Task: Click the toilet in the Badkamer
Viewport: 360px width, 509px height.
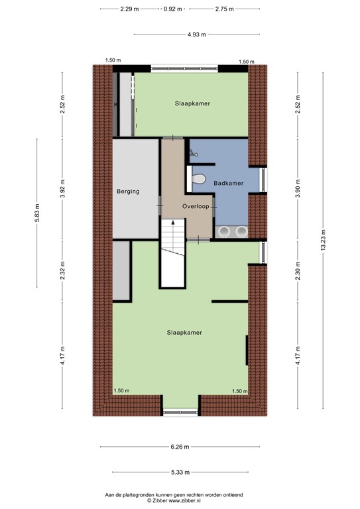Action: click(198, 178)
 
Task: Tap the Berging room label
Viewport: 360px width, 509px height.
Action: click(128, 192)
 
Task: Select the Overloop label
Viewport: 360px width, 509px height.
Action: click(196, 207)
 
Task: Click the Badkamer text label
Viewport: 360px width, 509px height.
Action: click(229, 183)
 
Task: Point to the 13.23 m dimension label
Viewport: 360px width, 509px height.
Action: click(323, 240)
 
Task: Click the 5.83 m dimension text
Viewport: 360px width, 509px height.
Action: click(37, 213)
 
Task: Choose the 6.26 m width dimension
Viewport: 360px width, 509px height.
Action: click(180, 447)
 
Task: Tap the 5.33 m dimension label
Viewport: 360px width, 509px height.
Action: click(180, 473)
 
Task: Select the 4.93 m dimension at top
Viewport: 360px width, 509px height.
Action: click(196, 34)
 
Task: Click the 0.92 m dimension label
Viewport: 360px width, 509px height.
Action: click(172, 9)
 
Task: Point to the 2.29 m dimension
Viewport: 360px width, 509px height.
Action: click(129, 9)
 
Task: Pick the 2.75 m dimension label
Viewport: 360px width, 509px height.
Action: click(224, 9)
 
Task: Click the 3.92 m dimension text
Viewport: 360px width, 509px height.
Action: click(62, 188)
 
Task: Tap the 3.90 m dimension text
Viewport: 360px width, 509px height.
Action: click(298, 188)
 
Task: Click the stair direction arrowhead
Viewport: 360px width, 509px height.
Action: click(173, 223)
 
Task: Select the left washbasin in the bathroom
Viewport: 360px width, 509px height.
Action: click(223, 231)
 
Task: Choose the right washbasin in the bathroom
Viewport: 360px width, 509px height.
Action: click(241, 231)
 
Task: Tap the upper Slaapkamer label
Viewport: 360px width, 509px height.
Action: click(192, 103)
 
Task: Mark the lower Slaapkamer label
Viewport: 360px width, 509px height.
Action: click(184, 333)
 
